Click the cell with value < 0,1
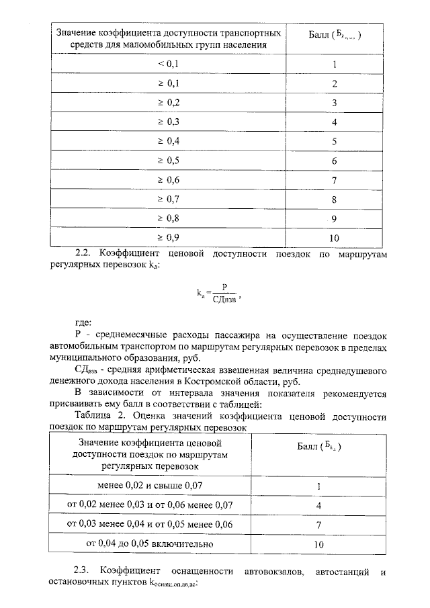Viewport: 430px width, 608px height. [x=169, y=64]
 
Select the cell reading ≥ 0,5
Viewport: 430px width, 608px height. [x=169, y=161]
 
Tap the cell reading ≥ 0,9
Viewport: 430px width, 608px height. [x=169, y=238]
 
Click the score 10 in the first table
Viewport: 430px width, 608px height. [x=335, y=238]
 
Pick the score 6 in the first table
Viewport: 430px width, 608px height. [x=335, y=161]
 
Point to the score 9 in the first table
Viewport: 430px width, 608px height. [x=335, y=218]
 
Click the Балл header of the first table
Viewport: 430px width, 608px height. [x=335, y=34]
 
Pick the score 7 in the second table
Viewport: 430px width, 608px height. [x=318, y=524]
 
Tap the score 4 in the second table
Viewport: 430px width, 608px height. [x=318, y=505]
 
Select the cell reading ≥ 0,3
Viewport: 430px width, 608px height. [x=169, y=122]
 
